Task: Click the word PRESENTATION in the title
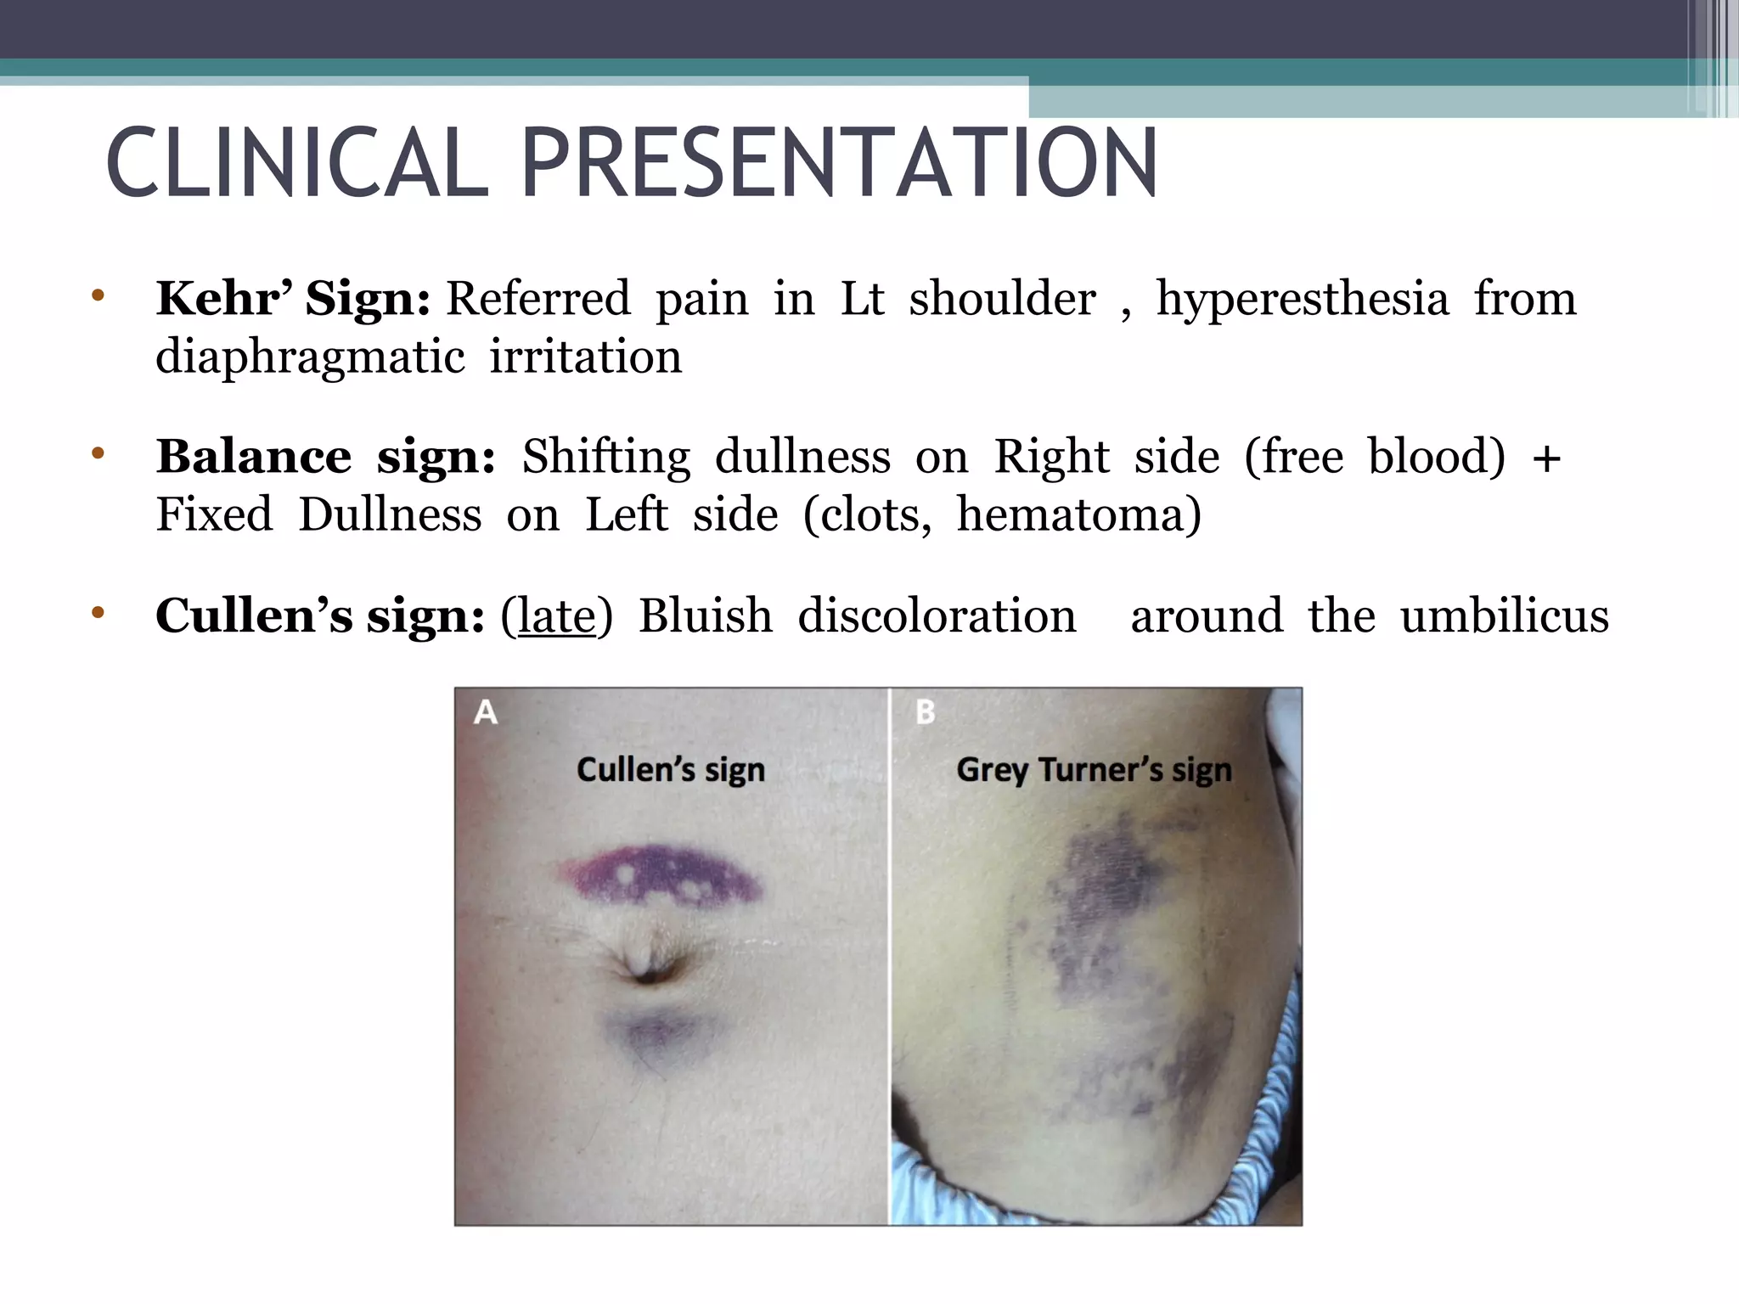[839, 163]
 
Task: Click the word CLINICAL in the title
[297, 163]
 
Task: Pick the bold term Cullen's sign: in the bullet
[320, 615]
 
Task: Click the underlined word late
[556, 615]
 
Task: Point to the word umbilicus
[1505, 615]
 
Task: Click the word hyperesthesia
[1303, 299]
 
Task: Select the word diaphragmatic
[310, 357]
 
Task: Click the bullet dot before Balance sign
[98, 453]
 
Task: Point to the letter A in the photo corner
[486, 711]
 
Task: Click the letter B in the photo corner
[926, 711]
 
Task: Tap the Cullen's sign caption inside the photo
[671, 770]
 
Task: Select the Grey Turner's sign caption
[1094, 770]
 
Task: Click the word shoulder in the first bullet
[1002, 299]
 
